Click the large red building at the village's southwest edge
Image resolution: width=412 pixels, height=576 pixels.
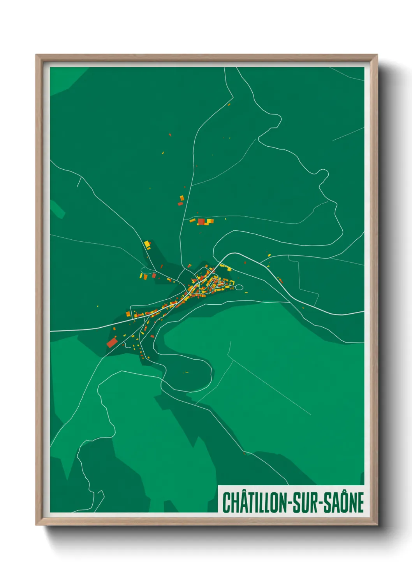(x=112, y=342)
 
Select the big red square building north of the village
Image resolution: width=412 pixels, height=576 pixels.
(x=201, y=222)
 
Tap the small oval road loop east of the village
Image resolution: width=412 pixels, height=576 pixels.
(x=239, y=287)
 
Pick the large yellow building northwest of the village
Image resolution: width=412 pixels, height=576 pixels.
(x=147, y=244)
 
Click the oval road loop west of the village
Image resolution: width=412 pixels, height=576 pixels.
(x=146, y=270)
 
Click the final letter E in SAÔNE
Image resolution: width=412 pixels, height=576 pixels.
(x=360, y=502)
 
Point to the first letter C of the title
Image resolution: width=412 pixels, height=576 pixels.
(x=226, y=502)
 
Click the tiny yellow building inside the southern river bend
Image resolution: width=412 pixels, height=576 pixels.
(x=187, y=372)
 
